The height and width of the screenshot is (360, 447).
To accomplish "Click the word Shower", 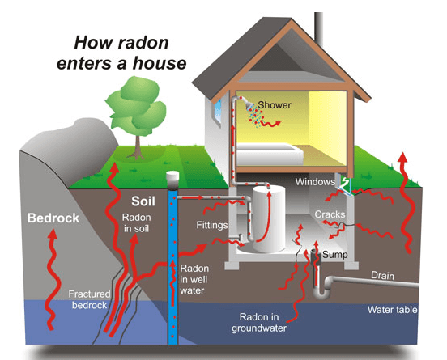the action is (x=275, y=105).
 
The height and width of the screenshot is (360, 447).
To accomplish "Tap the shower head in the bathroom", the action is (x=250, y=106).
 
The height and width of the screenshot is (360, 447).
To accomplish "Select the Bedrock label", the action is (x=53, y=218).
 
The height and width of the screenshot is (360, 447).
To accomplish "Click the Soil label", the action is (x=143, y=201).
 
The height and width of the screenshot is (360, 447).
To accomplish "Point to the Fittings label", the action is (x=212, y=225).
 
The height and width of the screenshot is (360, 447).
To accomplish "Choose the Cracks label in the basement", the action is (x=330, y=214).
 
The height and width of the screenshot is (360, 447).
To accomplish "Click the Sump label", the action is (x=335, y=254).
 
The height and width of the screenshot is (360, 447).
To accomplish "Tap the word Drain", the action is (x=382, y=275).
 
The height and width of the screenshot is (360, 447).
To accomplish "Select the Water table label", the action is (x=392, y=310).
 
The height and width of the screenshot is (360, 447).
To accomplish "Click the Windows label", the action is (x=315, y=182).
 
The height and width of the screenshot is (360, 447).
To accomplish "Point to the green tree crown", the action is (x=136, y=104).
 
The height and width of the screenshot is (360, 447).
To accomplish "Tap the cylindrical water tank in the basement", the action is (x=269, y=218).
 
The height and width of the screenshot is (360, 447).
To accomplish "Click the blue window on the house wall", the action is (x=218, y=112).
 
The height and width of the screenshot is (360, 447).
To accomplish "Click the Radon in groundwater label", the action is (x=259, y=323).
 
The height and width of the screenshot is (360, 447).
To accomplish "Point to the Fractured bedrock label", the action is (x=89, y=299).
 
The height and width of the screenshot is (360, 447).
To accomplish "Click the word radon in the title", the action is (x=143, y=43).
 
